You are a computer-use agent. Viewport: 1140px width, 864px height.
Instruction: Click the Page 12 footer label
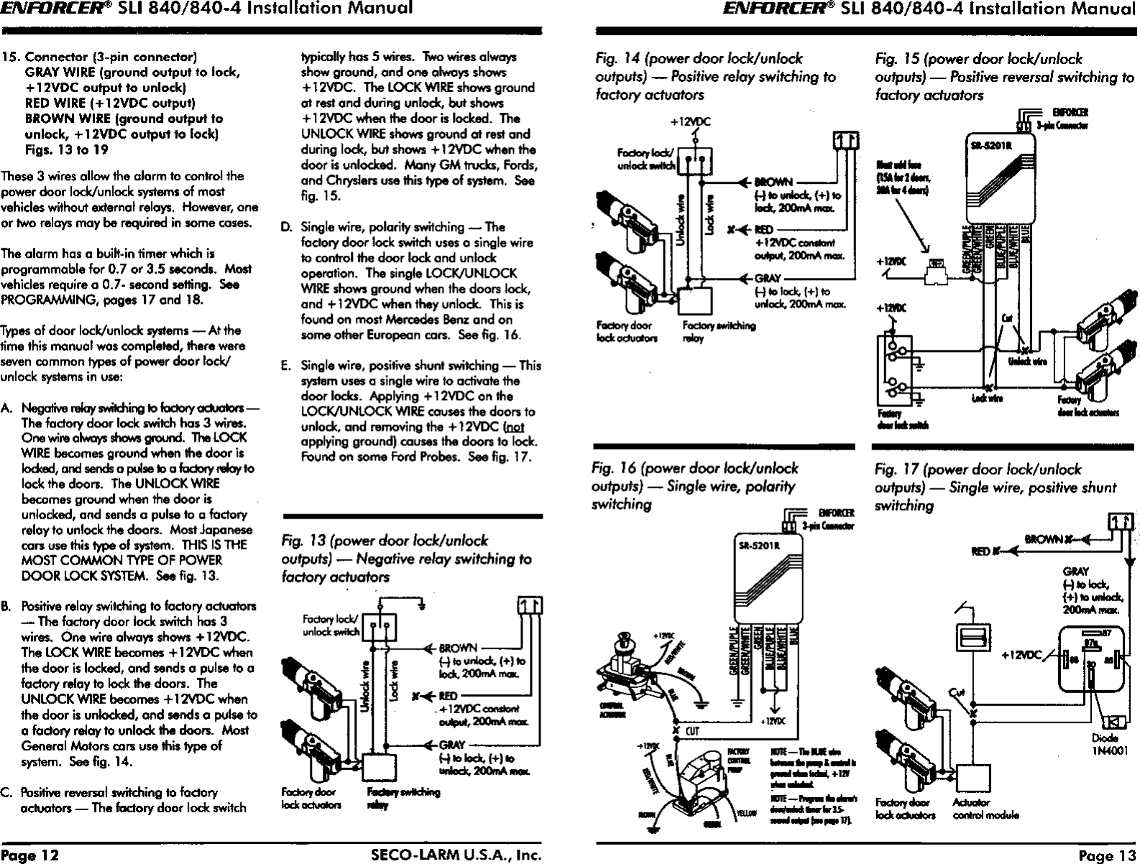point(30,855)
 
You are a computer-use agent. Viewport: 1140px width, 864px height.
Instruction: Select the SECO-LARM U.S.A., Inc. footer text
point(455,855)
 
